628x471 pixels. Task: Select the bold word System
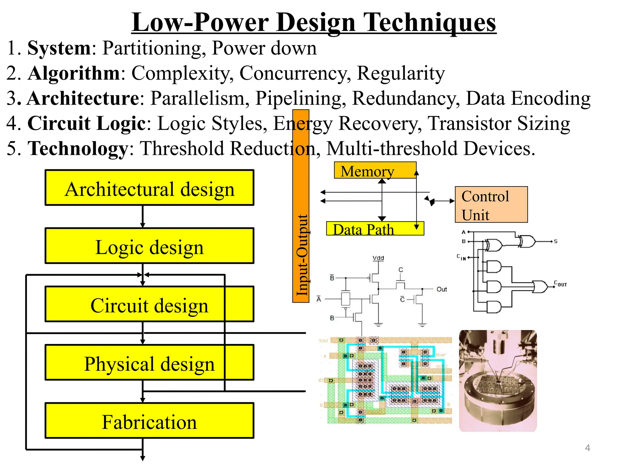pos(59,48)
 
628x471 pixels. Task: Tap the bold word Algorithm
pos(74,73)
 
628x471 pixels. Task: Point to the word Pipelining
pos(298,98)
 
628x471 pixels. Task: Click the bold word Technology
pos(78,148)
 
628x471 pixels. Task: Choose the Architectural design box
pos(150,188)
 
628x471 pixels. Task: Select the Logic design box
pos(150,246)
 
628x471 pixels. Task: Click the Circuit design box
pos(150,304)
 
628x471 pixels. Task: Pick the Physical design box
pos(150,362)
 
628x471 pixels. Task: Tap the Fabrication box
pos(150,421)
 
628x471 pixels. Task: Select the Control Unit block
pos(491,205)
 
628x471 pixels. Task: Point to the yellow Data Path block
pos(375,229)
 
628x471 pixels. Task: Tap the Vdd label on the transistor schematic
pos(378,258)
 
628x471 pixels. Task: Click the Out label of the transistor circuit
pos(442,289)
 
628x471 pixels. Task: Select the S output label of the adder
pos(556,242)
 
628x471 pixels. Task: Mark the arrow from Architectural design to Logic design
pos(143,216)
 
